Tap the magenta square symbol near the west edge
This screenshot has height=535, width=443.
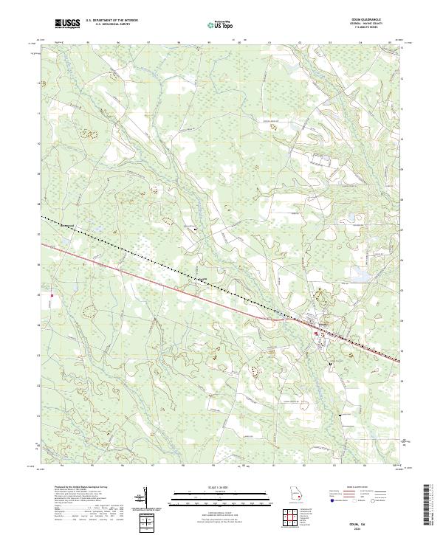tap(52, 298)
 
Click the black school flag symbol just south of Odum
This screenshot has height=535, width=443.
tap(331, 364)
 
